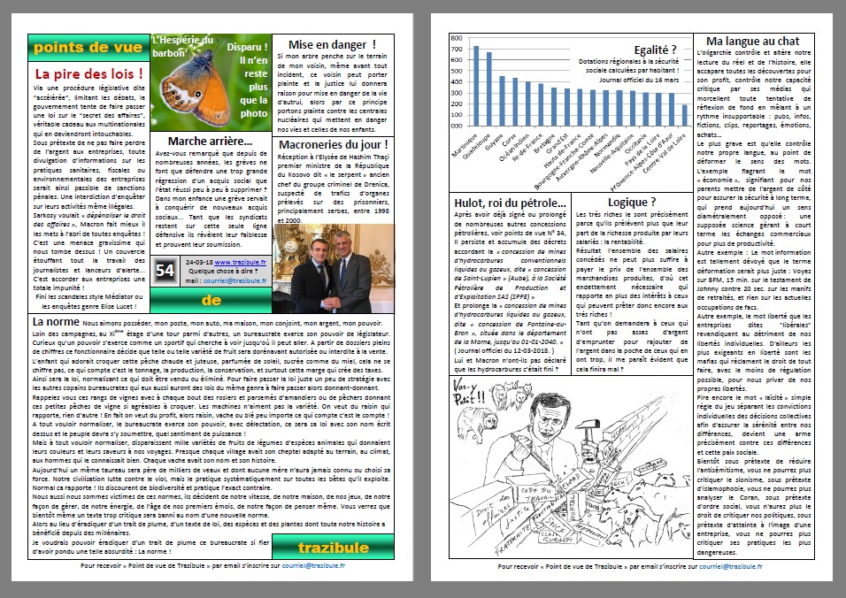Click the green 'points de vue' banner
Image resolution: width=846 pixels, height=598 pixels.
pos(88,47)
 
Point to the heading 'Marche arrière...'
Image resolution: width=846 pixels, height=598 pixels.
pos(210,141)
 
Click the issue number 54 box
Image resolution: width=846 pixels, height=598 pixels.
pos(165,272)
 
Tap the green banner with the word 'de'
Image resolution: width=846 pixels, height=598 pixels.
pos(211,300)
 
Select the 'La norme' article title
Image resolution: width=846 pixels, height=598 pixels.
pos(57,321)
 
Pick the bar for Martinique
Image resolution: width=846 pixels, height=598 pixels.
pos(475,85)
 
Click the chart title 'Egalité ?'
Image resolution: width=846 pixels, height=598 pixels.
pos(655,50)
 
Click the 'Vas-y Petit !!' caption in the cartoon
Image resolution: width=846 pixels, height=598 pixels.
pos(473,335)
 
